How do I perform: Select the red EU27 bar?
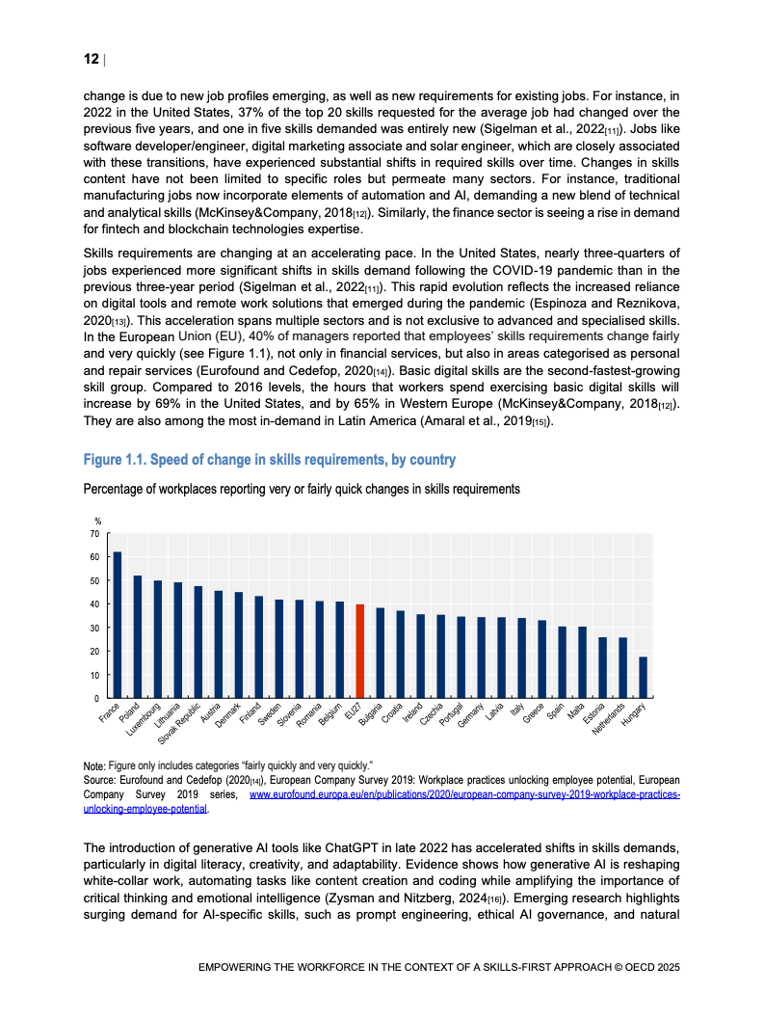point(359,651)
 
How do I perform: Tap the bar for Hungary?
point(643,677)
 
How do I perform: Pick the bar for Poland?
point(138,636)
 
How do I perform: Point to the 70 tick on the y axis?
point(94,533)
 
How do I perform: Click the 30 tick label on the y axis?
point(94,628)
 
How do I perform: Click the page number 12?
point(92,60)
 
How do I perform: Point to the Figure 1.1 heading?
point(270,459)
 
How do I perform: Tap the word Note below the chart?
point(94,764)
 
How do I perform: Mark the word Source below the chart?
point(101,780)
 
